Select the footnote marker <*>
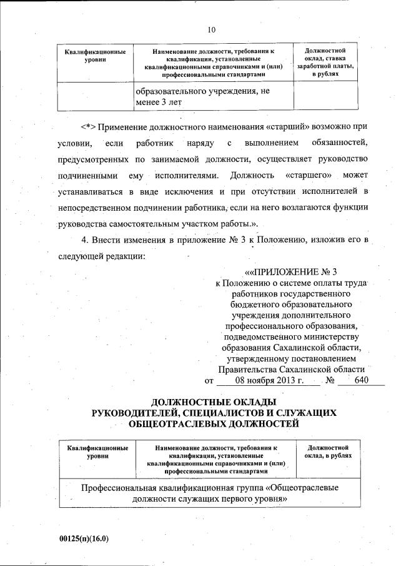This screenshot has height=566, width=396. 88,125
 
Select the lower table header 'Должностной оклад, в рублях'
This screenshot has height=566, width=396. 327,452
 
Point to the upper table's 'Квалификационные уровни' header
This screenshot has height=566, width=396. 96,54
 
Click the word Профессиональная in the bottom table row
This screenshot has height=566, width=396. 122,487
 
